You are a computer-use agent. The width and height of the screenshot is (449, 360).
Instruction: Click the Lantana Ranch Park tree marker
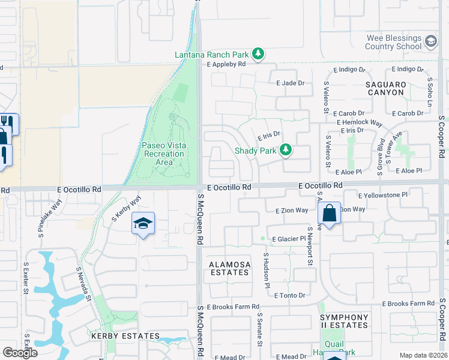[258, 55]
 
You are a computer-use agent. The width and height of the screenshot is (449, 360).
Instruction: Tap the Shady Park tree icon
[286, 150]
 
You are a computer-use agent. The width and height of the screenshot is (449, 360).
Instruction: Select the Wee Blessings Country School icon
[430, 41]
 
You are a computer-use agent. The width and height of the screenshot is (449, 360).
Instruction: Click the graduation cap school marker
[143, 224]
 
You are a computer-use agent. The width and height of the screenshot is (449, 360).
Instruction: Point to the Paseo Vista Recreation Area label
[163, 154]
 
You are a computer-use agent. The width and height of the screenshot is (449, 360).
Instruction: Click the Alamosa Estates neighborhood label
[228, 268]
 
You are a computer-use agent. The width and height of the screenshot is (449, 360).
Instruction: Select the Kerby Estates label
[125, 337]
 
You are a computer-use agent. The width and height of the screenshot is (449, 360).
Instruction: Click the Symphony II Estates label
[344, 321]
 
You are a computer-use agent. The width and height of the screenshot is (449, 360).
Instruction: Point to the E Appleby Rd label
[226, 64]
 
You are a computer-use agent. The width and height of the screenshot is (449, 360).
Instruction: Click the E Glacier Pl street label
[289, 239]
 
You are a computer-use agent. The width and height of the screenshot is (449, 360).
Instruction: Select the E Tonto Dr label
[290, 295]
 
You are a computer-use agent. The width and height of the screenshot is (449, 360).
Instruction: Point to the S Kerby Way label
[126, 206]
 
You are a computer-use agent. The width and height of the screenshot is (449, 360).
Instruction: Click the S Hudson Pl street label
[265, 269]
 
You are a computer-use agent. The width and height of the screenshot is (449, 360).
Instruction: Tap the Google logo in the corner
[20, 353]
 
